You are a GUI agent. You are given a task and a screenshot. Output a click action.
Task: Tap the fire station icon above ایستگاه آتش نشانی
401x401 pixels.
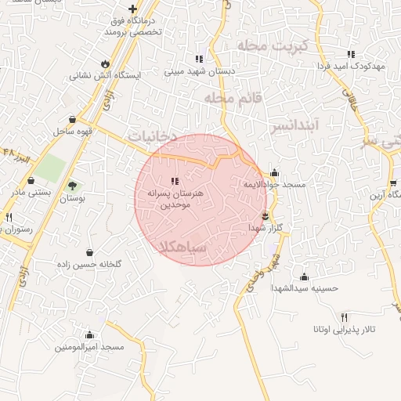(x=106, y=63)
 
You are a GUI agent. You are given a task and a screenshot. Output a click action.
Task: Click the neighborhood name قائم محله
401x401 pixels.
(x=232, y=98)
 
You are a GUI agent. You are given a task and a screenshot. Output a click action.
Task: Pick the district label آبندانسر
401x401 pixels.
(x=296, y=125)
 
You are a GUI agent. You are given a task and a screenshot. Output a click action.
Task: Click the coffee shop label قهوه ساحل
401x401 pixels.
(x=74, y=132)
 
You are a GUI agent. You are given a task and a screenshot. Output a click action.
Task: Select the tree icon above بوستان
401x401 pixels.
(x=72, y=186)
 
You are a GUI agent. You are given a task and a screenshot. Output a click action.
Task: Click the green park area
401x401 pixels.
(x=51, y=167)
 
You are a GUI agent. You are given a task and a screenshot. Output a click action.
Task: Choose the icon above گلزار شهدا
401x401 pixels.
(x=265, y=215)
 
